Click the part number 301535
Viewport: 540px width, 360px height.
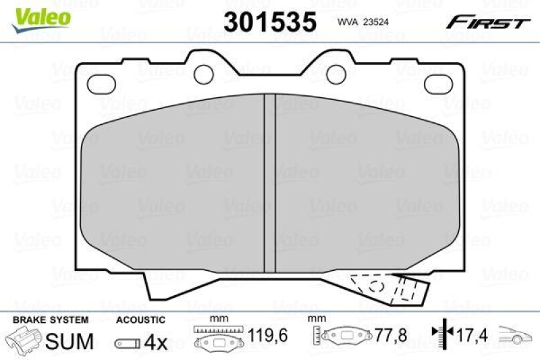coord(270,22)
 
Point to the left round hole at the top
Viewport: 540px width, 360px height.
coord(203,72)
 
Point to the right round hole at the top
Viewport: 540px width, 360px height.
coord(335,72)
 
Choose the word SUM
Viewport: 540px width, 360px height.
coord(69,341)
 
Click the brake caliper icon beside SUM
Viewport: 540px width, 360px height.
coord(24,341)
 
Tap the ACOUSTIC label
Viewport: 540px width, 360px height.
coord(140,319)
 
